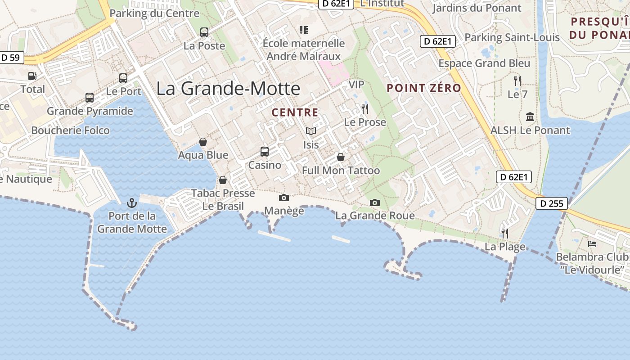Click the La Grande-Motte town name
click(228, 88)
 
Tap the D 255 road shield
click(552, 203)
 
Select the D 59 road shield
click(11, 58)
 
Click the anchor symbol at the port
click(132, 202)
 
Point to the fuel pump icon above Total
click(32, 76)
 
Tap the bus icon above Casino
click(265, 152)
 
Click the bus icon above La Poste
click(204, 32)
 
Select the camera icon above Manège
click(284, 198)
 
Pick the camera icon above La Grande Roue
click(375, 203)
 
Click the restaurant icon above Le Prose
click(364, 108)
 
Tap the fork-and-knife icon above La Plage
click(505, 233)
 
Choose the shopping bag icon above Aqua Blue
click(203, 142)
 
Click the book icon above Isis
click(310, 131)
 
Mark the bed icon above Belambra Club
click(592, 244)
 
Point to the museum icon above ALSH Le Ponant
click(530, 117)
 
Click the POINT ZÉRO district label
click(424, 88)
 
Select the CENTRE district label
click(295, 112)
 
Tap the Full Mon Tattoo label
click(341, 171)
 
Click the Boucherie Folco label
click(71, 130)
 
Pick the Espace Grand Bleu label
click(484, 63)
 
